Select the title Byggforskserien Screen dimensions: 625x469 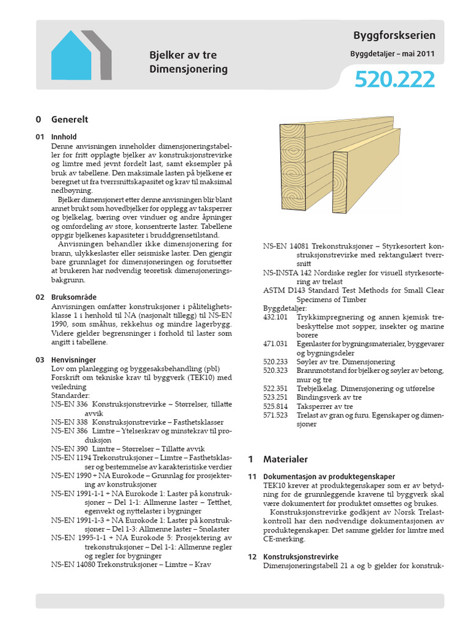394,36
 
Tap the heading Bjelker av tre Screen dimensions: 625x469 183,55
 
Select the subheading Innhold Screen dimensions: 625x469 64,137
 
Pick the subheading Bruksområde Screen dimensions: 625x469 73,297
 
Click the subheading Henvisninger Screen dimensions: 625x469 73,360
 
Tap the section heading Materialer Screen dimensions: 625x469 285,459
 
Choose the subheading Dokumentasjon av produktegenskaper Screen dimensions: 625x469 329,477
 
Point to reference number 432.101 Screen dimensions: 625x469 275,317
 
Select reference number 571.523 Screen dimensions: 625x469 275,415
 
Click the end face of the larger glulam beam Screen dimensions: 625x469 293,167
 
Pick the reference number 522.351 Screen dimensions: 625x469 275,388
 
